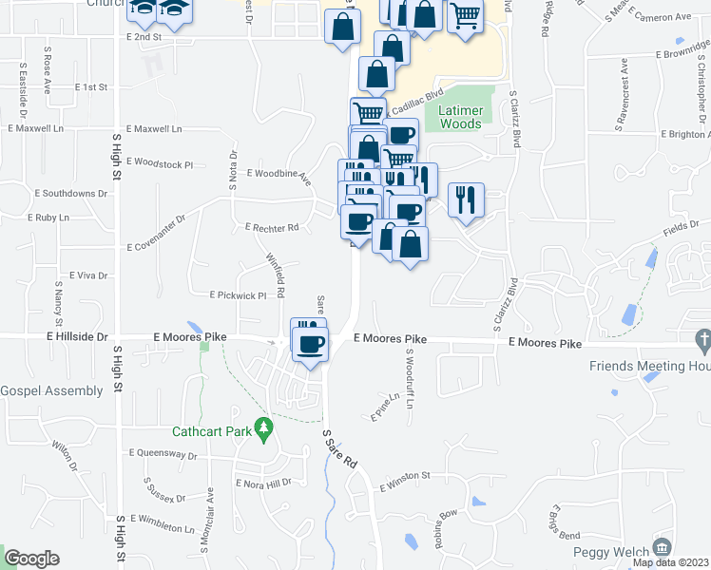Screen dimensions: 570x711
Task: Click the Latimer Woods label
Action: [461, 118]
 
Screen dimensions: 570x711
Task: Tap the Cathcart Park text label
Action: [212, 431]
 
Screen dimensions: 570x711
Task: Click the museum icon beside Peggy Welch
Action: [663, 547]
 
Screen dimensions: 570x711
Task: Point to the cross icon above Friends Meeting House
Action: [702, 339]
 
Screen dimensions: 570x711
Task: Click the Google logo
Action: [31, 559]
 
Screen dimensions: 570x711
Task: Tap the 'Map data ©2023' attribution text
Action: [670, 562]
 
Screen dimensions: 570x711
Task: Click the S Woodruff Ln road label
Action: [411, 378]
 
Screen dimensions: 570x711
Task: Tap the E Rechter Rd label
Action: [272, 228]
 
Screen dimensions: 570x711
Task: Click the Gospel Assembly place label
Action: [51, 390]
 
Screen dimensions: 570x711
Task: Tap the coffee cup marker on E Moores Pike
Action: [311, 343]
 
